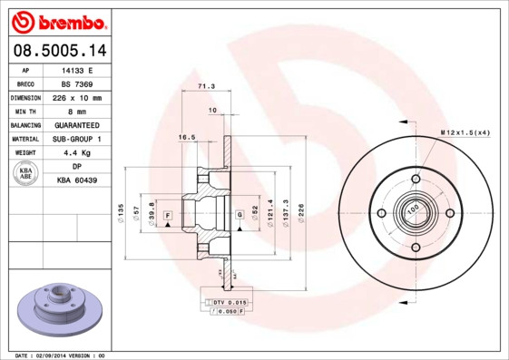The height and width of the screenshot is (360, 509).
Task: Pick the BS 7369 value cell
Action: pos(77,83)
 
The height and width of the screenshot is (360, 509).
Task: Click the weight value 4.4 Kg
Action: pos(77,153)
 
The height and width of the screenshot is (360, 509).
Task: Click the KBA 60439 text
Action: pos(77,180)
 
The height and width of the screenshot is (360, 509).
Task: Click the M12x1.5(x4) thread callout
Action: pos(465,133)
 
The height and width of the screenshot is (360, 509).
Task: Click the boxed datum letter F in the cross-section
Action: pos(168,214)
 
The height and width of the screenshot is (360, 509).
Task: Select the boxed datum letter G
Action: pos(239,214)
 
